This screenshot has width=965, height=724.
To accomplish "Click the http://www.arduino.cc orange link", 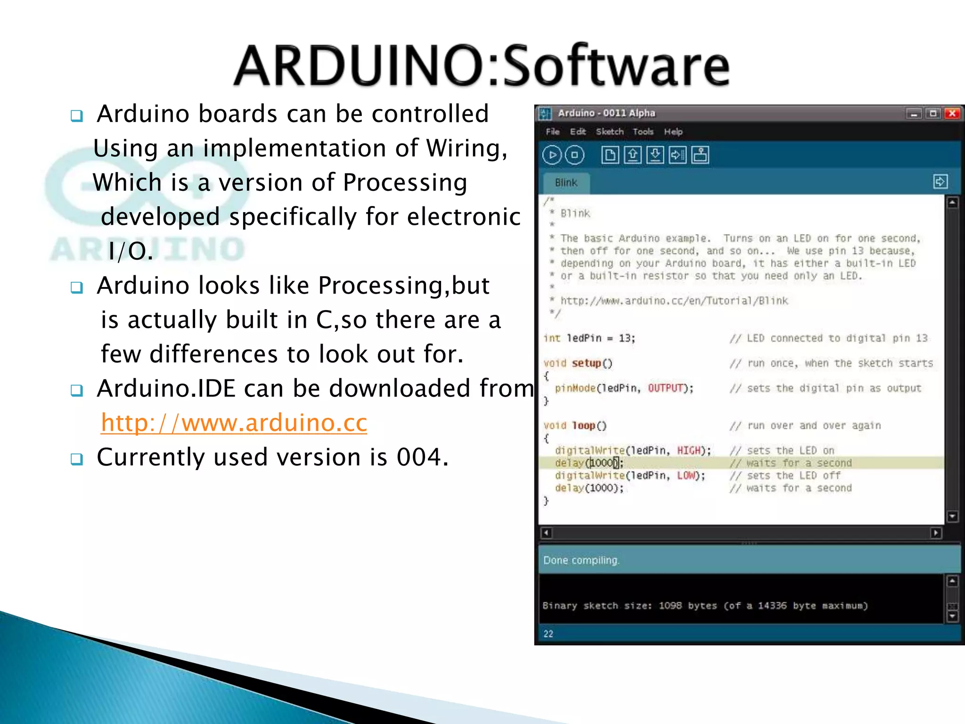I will click(234, 422).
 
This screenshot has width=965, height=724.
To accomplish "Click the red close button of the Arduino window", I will click(952, 114).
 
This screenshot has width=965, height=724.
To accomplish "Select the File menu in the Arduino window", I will click(552, 132).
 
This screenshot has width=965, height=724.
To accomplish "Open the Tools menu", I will click(643, 132).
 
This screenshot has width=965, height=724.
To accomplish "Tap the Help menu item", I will click(673, 132).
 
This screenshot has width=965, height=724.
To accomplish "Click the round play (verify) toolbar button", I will click(552, 155).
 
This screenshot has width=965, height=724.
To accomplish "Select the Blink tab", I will click(566, 183).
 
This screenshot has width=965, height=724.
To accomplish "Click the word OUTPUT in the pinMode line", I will click(665, 388).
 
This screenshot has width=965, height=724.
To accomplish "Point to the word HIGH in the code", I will click(689, 451).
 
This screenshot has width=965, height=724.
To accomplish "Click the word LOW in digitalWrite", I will click(686, 476).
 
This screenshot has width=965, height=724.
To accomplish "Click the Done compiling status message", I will click(581, 560).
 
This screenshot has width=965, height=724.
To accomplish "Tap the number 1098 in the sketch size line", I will click(670, 606).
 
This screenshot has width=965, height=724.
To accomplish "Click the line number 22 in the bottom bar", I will click(548, 634).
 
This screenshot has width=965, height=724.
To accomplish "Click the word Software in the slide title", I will click(614, 66).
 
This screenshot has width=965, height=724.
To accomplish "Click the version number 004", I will click(419, 457).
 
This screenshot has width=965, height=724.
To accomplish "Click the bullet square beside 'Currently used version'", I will click(76, 459).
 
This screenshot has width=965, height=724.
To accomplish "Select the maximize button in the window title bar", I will click(932, 114).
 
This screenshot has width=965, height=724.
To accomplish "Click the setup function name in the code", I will click(586, 363).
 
